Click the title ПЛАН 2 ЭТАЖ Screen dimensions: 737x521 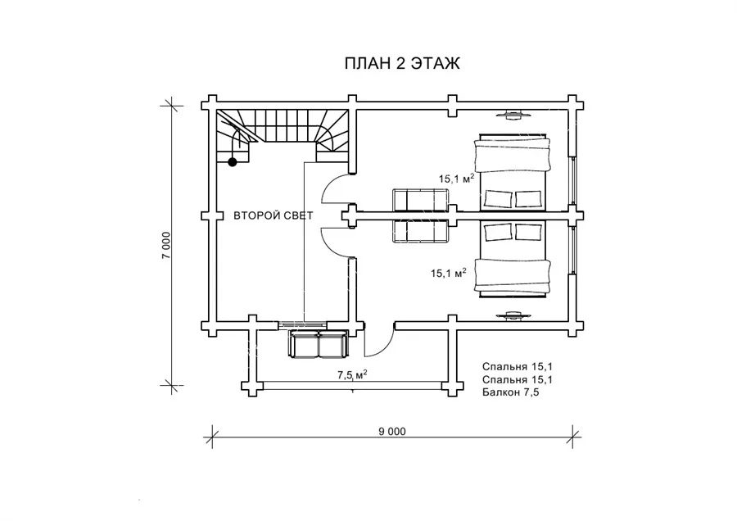(402, 63)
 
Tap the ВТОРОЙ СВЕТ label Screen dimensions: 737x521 (273, 215)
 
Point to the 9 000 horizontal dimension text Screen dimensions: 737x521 (392, 431)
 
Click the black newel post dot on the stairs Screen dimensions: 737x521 (233, 162)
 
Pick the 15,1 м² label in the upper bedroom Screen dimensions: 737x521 (456, 179)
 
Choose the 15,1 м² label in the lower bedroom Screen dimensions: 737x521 (449, 272)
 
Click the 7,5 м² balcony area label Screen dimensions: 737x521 (352, 374)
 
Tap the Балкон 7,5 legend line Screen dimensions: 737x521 (510, 392)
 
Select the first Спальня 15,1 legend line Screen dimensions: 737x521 (517, 367)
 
